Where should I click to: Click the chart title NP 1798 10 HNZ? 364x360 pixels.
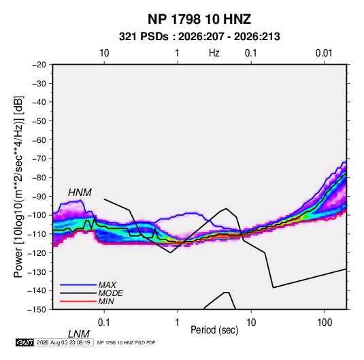pyautogui.click(x=199, y=19)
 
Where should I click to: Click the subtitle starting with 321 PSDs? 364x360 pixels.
pyautogui.click(x=199, y=37)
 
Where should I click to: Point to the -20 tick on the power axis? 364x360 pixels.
pyautogui.click(x=39, y=65)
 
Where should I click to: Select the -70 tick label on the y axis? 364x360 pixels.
pyautogui.click(x=39, y=159)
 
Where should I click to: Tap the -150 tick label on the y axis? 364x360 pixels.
pyautogui.click(x=37, y=310)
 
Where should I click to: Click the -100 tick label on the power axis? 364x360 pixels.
pyautogui.click(x=37, y=215)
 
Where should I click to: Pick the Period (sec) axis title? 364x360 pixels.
pyautogui.click(x=214, y=330)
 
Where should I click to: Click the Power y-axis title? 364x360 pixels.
pyautogui.click(x=18, y=187)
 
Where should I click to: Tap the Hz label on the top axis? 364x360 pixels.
pyautogui.click(x=214, y=53)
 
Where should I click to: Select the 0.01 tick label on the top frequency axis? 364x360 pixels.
pyautogui.click(x=324, y=53)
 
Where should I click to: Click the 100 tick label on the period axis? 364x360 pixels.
pyautogui.click(x=325, y=323)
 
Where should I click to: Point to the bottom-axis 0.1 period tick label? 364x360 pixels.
pyautogui.click(x=104, y=323)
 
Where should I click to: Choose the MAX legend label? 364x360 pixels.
pyautogui.click(x=107, y=284)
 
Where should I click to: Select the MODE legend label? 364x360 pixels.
pyautogui.click(x=110, y=293)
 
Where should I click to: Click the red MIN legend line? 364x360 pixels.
pyautogui.click(x=78, y=301)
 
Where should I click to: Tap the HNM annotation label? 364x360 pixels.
pyautogui.click(x=80, y=193)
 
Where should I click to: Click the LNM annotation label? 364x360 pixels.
pyautogui.click(x=79, y=334)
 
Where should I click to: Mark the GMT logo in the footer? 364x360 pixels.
pyautogui.click(x=25, y=342)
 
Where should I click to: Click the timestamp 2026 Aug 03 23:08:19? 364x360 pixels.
pyautogui.click(x=63, y=342)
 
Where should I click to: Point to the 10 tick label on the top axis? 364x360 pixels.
pyautogui.click(x=104, y=53)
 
